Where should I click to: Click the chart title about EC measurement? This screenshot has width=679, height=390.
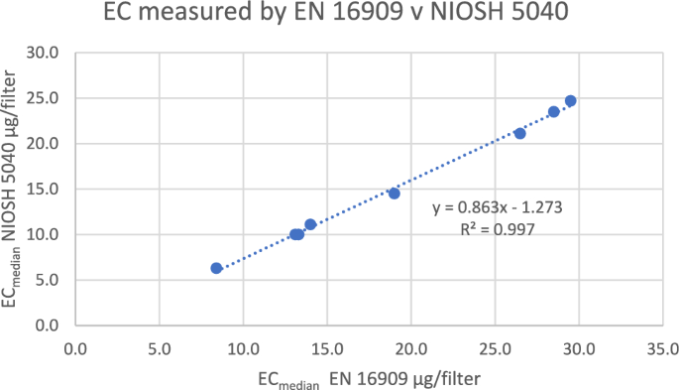point(338,18)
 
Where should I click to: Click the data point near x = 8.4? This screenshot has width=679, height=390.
point(216,268)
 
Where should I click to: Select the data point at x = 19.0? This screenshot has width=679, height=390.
point(394,194)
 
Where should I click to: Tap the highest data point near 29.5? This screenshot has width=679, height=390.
point(570,101)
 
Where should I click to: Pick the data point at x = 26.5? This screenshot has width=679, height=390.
point(519,133)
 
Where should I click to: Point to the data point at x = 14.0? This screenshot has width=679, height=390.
point(310,224)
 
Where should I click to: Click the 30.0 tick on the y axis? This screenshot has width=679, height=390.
point(45,53)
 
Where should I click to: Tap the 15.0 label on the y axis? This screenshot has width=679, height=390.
point(45,189)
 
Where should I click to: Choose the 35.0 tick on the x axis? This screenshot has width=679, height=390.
point(662,349)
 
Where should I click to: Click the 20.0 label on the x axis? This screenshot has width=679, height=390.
point(410,349)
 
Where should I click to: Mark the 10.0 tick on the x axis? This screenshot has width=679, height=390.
point(243,349)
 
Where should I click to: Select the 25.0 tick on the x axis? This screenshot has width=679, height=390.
point(495,349)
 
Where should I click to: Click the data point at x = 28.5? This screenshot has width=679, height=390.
point(553,112)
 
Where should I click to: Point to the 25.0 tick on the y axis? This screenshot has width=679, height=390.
point(45,98)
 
